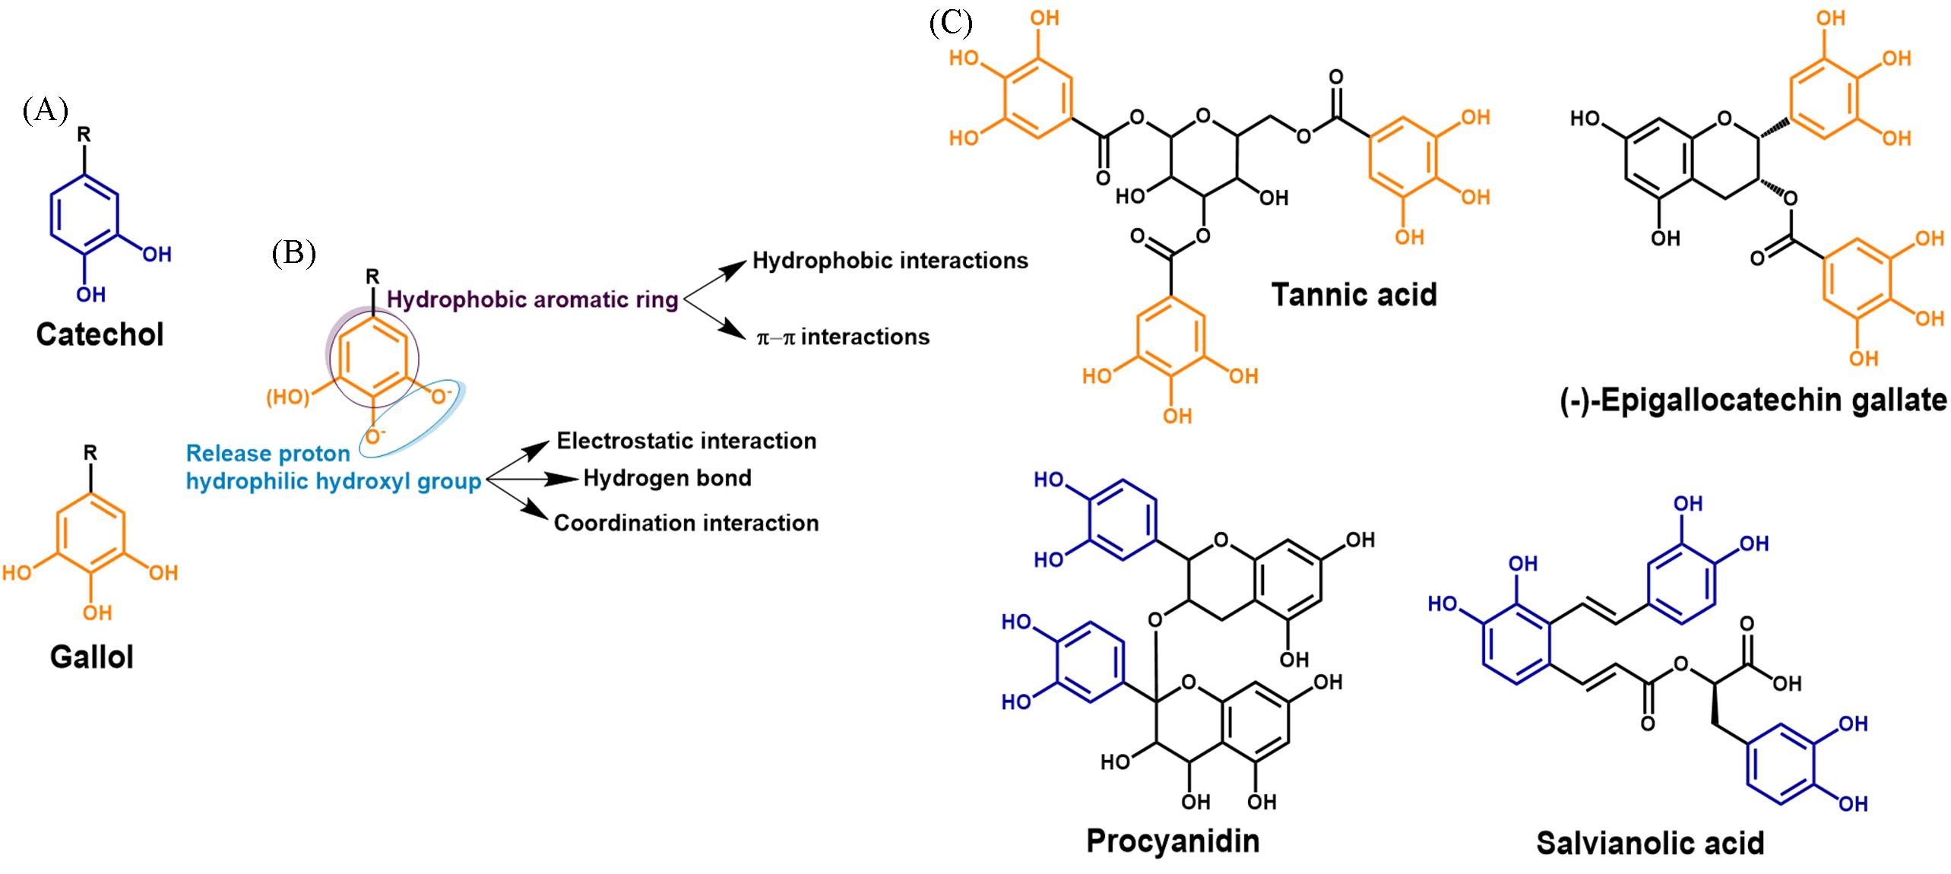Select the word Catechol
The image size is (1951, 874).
click(100, 334)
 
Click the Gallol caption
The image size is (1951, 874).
click(92, 657)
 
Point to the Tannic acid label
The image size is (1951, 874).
click(1354, 294)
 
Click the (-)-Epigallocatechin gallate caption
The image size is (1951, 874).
click(1753, 400)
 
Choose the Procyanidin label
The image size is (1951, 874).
click(1172, 841)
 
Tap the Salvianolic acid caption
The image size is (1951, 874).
click(1649, 843)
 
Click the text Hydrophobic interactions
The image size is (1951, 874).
click(889, 261)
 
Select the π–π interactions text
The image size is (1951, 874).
click(843, 337)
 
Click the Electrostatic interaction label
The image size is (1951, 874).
click(686, 441)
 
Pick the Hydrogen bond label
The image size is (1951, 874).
click(667, 478)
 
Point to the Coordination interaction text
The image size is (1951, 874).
click(686, 523)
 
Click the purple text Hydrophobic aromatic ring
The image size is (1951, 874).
click(532, 299)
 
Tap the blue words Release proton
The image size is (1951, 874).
click(268, 453)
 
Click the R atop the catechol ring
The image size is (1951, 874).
click(84, 135)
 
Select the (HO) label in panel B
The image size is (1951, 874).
click(287, 397)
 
